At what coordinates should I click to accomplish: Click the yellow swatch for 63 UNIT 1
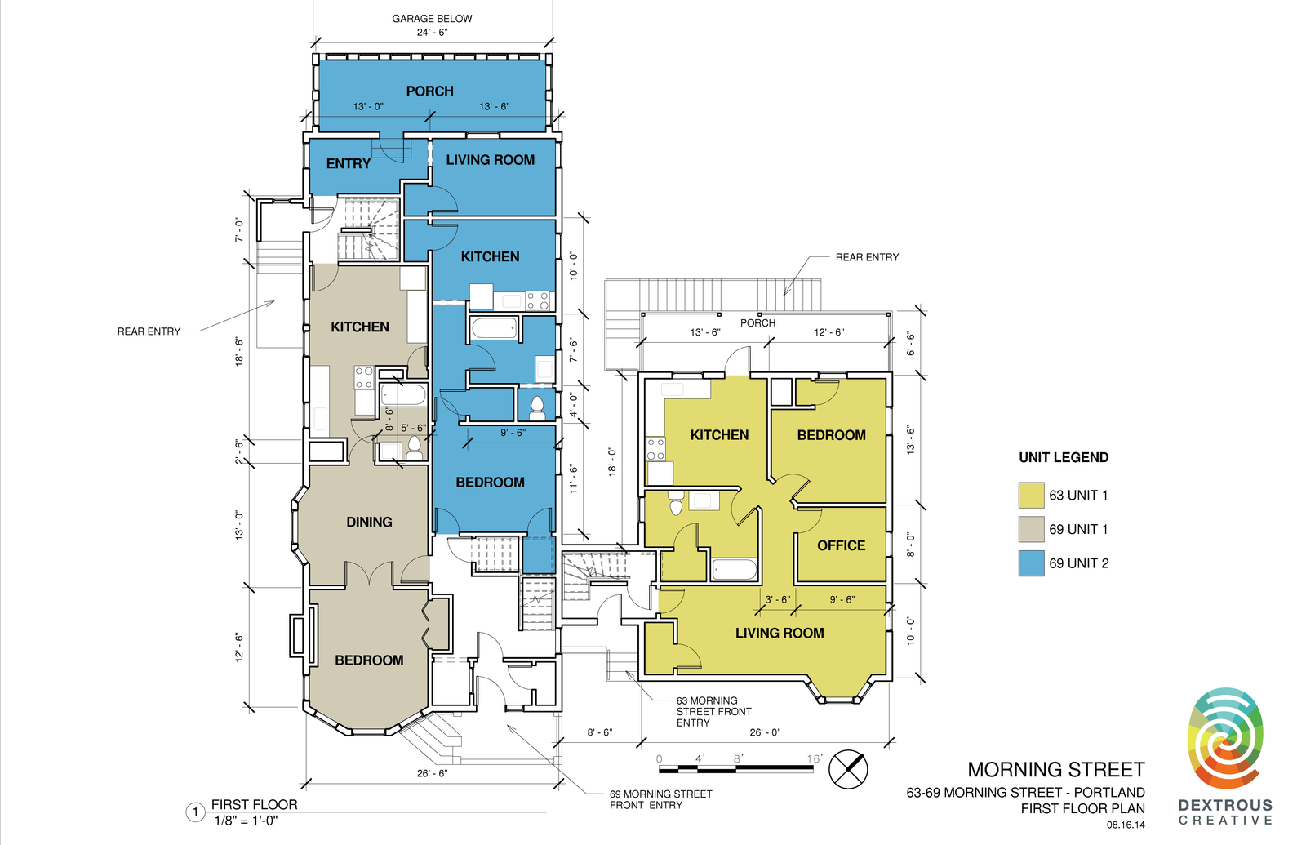[1031, 495]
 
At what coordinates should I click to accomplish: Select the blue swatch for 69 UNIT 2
[1031, 563]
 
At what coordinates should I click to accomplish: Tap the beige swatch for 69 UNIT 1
[1031, 530]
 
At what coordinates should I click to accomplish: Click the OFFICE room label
[841, 545]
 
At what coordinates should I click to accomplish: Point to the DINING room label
[369, 522]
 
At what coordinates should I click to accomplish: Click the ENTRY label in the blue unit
[348, 164]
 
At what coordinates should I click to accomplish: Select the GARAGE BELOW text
[432, 19]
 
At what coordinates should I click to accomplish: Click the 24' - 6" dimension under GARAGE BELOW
[432, 33]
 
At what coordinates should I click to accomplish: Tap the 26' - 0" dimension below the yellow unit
[765, 732]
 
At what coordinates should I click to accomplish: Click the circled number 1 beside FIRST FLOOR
[195, 812]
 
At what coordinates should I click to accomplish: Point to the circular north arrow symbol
[848, 769]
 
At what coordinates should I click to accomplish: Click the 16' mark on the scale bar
[815, 758]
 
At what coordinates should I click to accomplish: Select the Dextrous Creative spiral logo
[1225, 739]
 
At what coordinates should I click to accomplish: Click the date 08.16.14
[1126, 825]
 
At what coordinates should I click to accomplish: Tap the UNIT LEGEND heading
[1064, 458]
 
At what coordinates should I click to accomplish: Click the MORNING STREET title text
[1056, 770]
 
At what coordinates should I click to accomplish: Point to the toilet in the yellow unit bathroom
[676, 502]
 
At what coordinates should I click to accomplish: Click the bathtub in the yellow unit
[734, 569]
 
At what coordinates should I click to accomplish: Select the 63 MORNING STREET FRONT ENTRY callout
[713, 711]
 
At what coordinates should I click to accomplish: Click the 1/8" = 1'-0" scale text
[246, 821]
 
